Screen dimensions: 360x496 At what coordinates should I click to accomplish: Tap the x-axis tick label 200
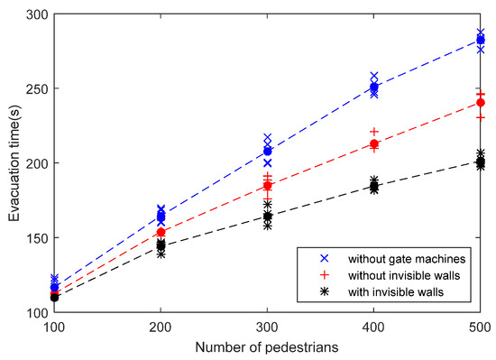tap(161, 323)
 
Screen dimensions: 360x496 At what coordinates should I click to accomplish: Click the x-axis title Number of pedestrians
tap(268, 344)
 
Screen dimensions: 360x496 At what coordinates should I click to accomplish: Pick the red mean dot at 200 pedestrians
tap(161, 232)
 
